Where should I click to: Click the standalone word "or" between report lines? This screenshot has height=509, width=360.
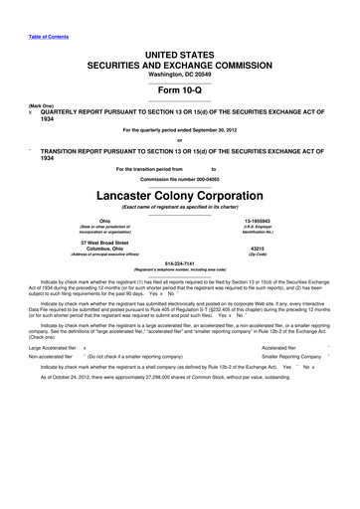click(x=179, y=138)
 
